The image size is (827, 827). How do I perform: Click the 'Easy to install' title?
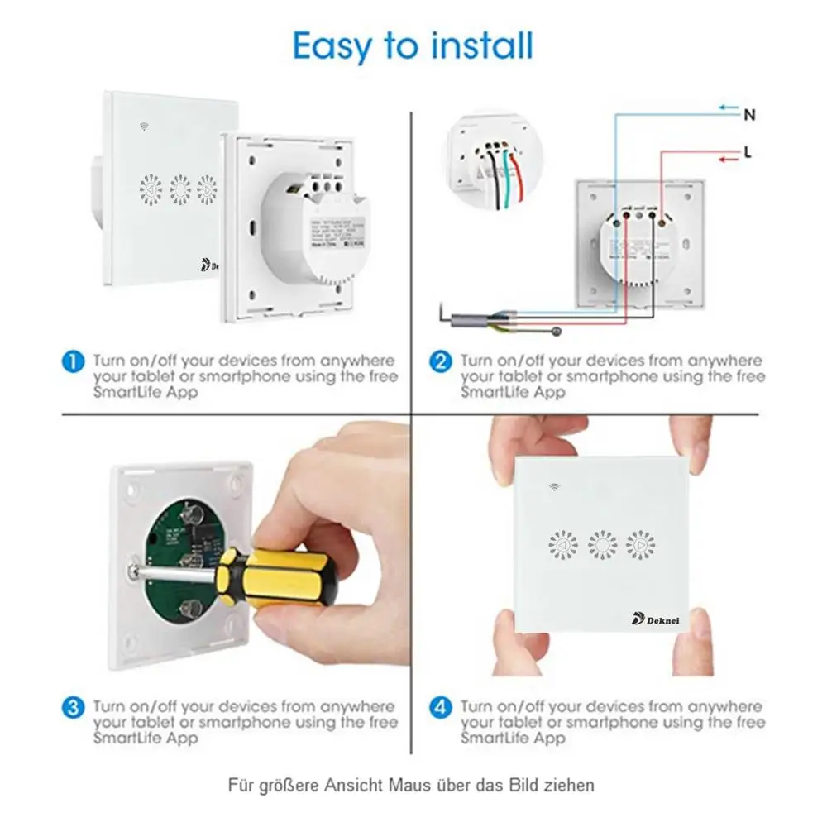(x=413, y=45)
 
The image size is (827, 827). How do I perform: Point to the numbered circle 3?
(x=74, y=708)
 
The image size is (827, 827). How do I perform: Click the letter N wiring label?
(x=749, y=115)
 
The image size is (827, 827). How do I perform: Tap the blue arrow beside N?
(x=727, y=107)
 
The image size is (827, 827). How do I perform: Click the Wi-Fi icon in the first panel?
(x=145, y=128)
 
